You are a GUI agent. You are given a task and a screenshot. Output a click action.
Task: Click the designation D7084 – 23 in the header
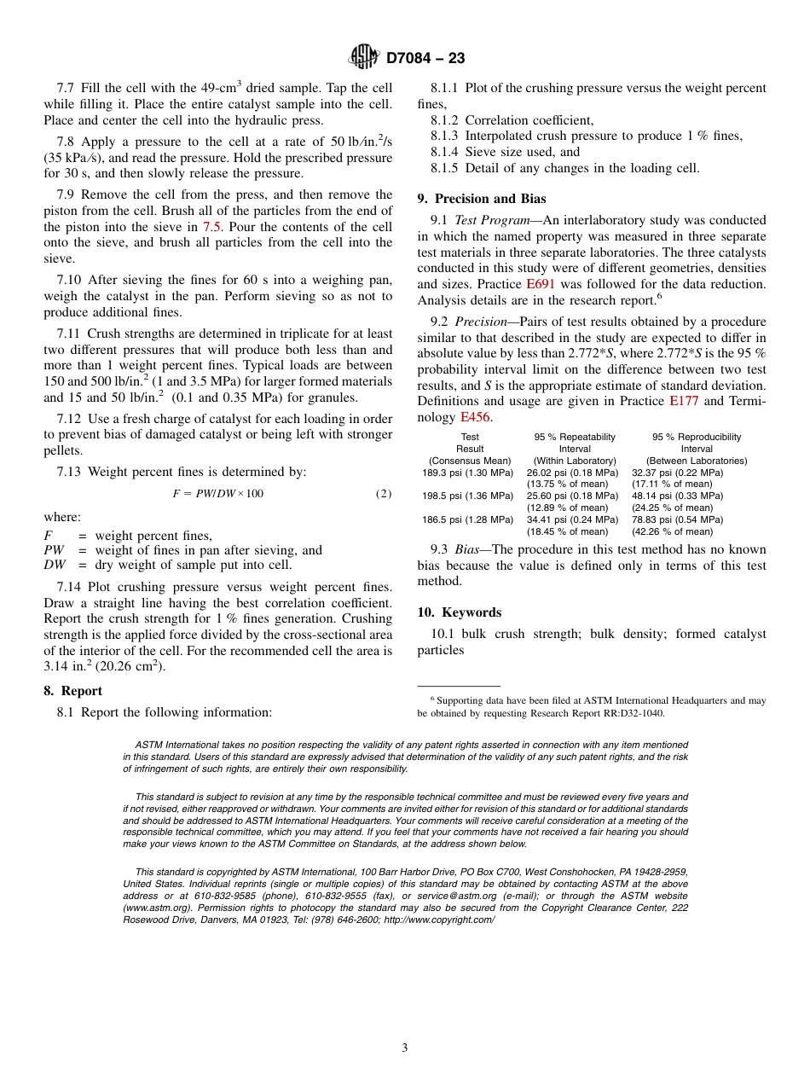click(425, 58)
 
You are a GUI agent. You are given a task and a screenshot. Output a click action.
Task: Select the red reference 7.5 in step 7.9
click(213, 227)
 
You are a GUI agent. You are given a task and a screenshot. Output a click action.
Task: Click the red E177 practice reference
click(684, 401)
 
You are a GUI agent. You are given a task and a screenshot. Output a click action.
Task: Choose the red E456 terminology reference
click(475, 417)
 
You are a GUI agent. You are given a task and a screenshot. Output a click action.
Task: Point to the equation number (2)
click(384, 494)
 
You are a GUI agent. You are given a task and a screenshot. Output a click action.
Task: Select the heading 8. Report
click(72, 691)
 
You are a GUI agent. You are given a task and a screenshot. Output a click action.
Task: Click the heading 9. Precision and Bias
click(481, 199)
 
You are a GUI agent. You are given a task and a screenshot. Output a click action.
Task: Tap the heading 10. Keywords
click(459, 612)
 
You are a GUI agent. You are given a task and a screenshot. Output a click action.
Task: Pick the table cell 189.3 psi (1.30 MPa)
click(467, 473)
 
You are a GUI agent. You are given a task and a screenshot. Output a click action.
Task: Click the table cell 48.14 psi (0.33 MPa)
click(677, 496)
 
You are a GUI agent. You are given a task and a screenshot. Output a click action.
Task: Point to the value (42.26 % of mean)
click(672, 531)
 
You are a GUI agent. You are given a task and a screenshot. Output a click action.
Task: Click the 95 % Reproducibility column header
click(696, 437)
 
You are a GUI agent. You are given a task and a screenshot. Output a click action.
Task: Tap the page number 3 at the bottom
click(405, 1048)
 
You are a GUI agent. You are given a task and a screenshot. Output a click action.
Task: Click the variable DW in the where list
click(54, 565)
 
